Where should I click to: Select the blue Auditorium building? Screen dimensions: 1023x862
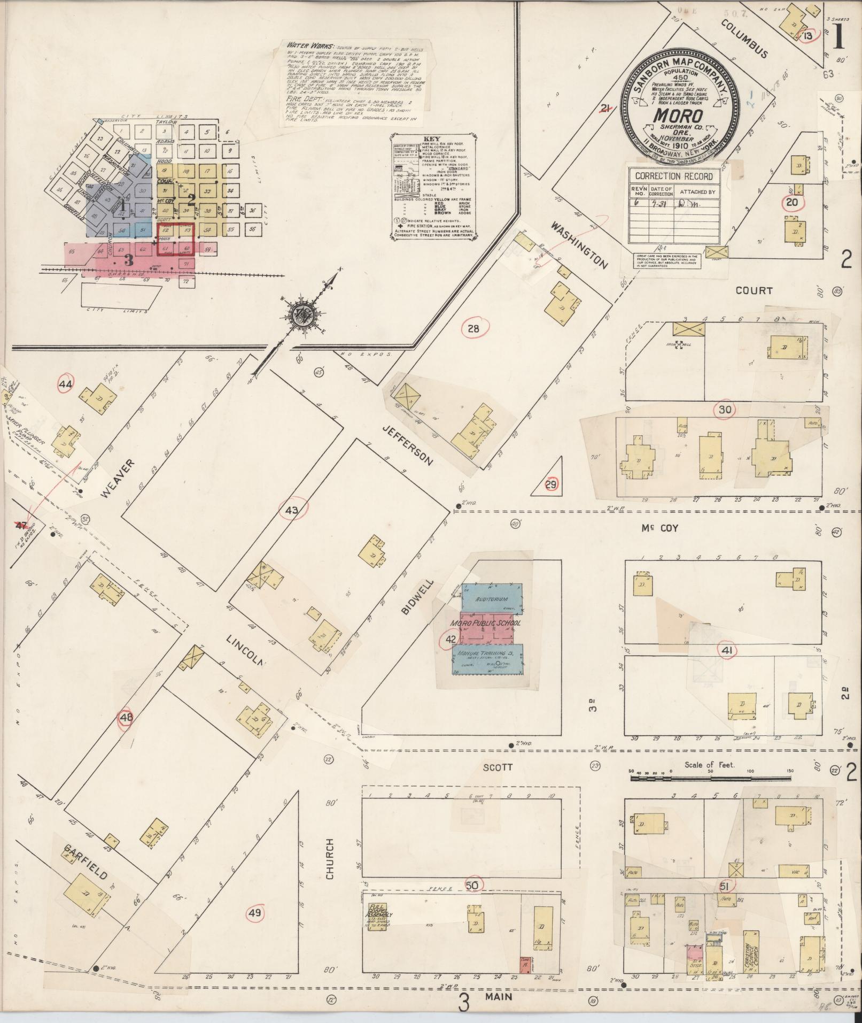click(492, 599)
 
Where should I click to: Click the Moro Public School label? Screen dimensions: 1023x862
click(485, 624)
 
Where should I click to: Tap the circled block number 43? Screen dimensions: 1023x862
click(292, 510)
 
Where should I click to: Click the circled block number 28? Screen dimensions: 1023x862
click(473, 329)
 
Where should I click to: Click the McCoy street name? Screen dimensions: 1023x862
click(660, 528)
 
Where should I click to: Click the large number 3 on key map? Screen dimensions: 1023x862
click(128, 260)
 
